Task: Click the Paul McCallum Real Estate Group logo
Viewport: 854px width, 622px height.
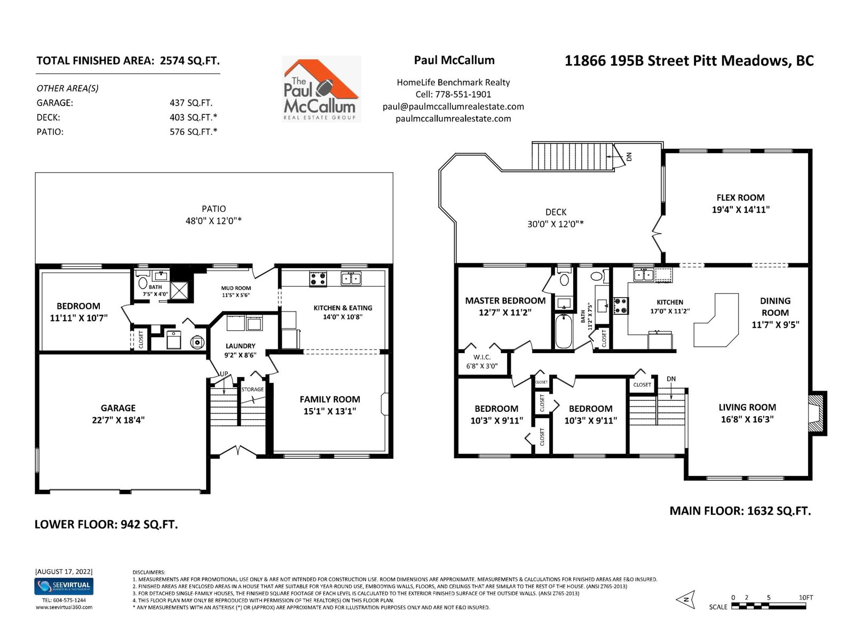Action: pyautogui.click(x=321, y=89)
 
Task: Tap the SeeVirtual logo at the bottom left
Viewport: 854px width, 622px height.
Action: pyautogui.click(x=64, y=586)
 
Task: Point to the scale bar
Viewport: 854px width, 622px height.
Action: pyautogui.click(x=768, y=606)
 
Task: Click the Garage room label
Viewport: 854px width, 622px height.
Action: pyautogui.click(x=118, y=408)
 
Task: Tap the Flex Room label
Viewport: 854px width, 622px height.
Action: pyautogui.click(x=740, y=197)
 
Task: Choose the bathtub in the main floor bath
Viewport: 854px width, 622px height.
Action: pyautogui.click(x=563, y=331)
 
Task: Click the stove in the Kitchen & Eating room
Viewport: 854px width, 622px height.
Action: pyautogui.click(x=318, y=278)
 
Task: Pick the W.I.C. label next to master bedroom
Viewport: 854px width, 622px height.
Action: pyautogui.click(x=482, y=357)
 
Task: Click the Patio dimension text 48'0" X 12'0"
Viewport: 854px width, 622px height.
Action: pyautogui.click(x=213, y=221)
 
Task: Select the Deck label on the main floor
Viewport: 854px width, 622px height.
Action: pyautogui.click(x=556, y=212)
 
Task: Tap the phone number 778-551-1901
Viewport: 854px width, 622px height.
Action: pyautogui.click(x=463, y=94)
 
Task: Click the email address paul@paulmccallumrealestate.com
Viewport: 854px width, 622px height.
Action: pyautogui.click(x=453, y=107)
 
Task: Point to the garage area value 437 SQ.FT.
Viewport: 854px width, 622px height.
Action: pyautogui.click(x=191, y=103)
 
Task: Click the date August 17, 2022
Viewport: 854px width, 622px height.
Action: pyautogui.click(x=64, y=572)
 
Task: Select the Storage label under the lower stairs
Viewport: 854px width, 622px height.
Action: pyautogui.click(x=252, y=389)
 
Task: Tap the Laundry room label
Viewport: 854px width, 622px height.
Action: pyautogui.click(x=240, y=346)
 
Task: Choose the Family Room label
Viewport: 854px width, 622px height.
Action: pyautogui.click(x=330, y=399)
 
